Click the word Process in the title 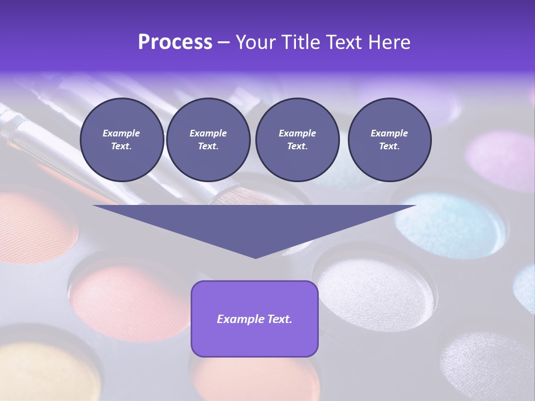pyautogui.click(x=175, y=42)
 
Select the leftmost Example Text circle pyautogui.click(x=121, y=140)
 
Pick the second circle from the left pyautogui.click(x=208, y=140)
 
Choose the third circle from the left pyautogui.click(x=297, y=140)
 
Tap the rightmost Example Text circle pyautogui.click(x=389, y=140)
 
